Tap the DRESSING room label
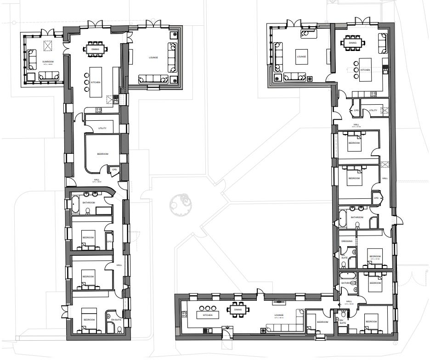tap(347, 241)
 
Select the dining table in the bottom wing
tap(238, 309)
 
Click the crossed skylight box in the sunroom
tap(47, 46)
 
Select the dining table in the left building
tap(96, 49)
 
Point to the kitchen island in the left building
tap(96, 82)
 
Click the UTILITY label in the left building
tap(102, 128)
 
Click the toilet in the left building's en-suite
tap(119, 329)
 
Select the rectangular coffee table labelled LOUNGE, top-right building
tap(301, 56)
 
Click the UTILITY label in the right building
tap(373, 110)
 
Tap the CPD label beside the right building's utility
tap(356, 111)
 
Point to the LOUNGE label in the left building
tap(153, 57)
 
